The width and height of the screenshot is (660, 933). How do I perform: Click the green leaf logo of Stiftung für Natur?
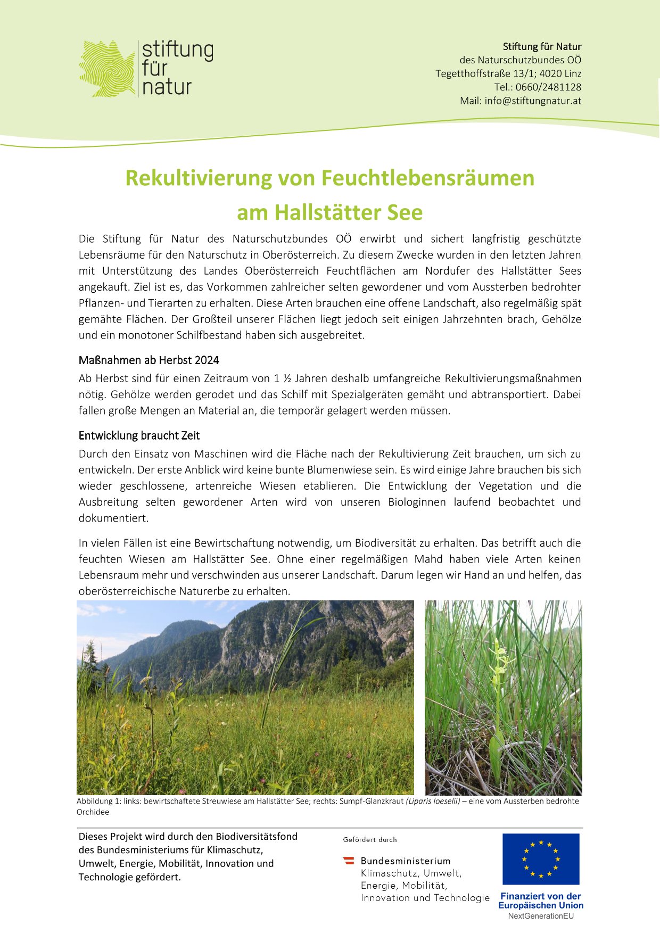tap(106, 69)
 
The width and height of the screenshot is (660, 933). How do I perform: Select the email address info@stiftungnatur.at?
tap(533, 101)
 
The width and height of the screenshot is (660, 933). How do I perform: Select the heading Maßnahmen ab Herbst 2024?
tap(148, 360)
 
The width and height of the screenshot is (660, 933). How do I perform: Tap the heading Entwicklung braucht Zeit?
tap(139, 435)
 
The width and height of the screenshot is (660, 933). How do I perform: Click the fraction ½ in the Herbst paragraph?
tap(287, 378)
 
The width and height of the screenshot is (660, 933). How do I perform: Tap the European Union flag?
tap(541, 858)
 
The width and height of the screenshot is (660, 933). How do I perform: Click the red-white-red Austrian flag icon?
tap(349, 860)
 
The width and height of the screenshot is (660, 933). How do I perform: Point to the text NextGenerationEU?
tap(541, 916)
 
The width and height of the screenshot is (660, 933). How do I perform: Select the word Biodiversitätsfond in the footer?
tap(257, 837)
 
